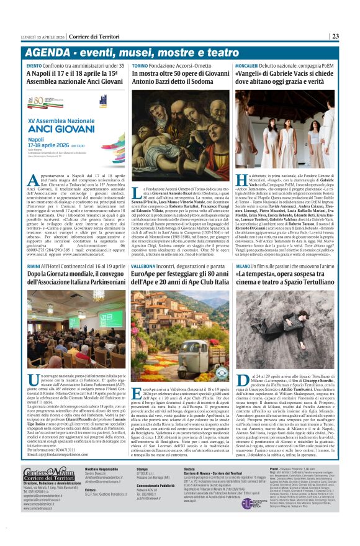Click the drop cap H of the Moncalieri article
(243, 181)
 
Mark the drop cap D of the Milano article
(243, 381)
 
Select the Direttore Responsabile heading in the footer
(101, 468)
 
